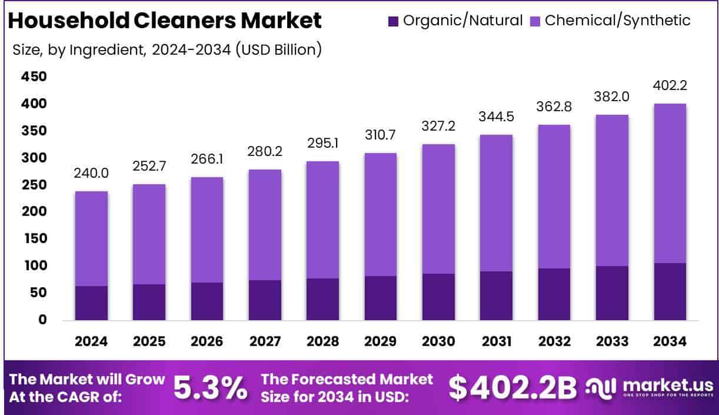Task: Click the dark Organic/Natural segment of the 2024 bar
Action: click(x=91, y=303)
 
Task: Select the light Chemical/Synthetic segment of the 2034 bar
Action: click(x=669, y=183)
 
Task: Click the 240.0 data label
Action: click(x=91, y=174)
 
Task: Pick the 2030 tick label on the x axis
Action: click(x=438, y=341)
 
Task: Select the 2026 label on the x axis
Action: click(x=207, y=341)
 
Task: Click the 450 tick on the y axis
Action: click(x=34, y=77)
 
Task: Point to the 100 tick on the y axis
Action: click(x=34, y=266)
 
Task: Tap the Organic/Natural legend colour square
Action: click(x=393, y=21)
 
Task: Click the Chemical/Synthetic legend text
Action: click(x=617, y=21)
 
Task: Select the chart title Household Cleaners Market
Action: click(x=165, y=21)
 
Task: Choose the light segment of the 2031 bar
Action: click(x=496, y=203)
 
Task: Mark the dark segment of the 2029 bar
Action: click(x=381, y=298)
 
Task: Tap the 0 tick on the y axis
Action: click(x=41, y=320)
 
